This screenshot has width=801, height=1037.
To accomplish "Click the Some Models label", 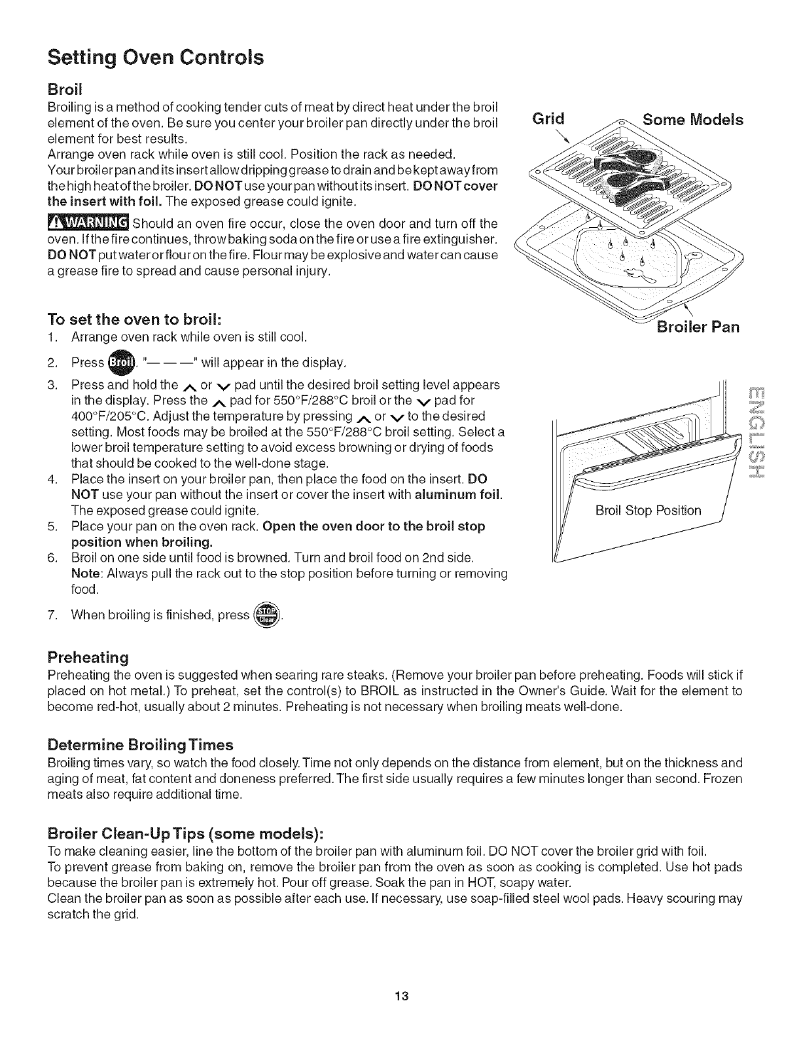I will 693,120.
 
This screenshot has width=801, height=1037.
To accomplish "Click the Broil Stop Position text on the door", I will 648,511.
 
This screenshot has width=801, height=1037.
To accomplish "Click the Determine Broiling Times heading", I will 140,745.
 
